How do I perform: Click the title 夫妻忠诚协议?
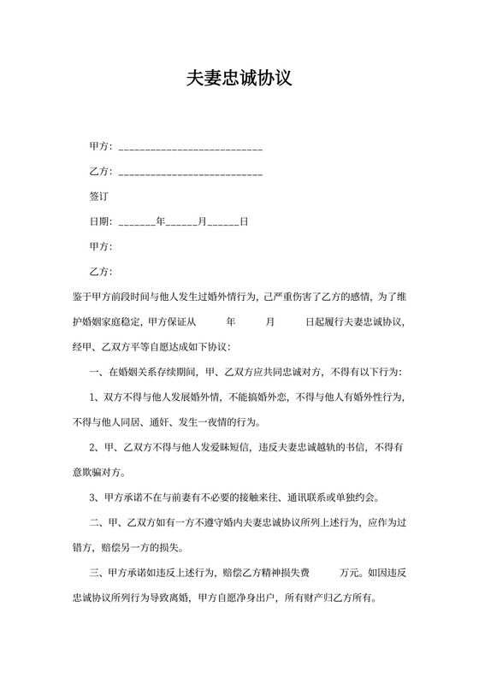239,79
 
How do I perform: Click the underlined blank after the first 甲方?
190,150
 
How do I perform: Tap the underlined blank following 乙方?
190,174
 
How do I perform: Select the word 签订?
100,197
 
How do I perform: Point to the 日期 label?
100,222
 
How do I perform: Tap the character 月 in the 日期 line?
203,222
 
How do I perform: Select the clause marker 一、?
96,373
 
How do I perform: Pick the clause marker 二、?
96,524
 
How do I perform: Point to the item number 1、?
96,397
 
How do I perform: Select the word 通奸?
166,422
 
